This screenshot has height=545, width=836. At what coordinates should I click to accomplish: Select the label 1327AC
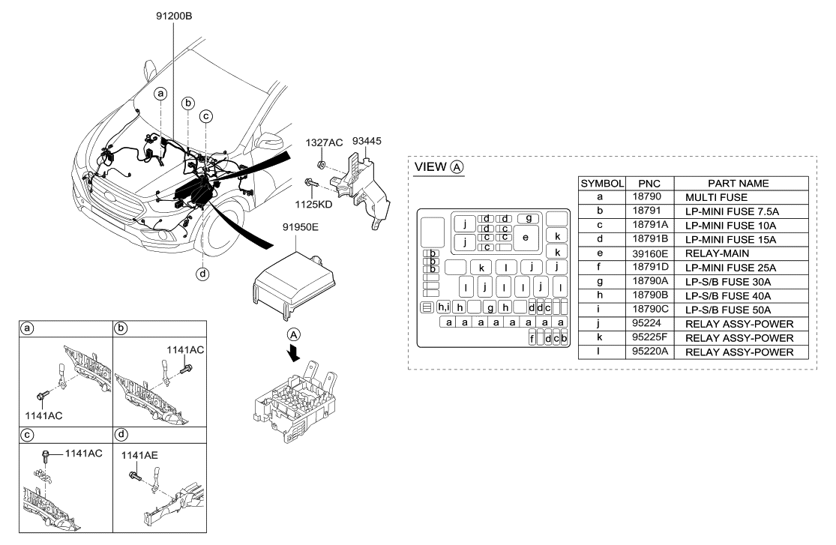[322, 142]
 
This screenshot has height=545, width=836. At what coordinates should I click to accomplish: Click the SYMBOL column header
[602, 183]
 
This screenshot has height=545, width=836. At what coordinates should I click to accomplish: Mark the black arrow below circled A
[295, 353]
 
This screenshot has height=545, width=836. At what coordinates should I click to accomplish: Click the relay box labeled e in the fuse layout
[526, 238]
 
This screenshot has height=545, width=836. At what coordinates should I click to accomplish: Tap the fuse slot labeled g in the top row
[529, 218]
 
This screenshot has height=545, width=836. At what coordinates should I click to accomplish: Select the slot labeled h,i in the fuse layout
[443, 307]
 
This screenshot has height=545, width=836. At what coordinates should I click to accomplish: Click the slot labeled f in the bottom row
[532, 339]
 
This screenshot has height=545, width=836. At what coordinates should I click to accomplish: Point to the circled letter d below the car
[202, 274]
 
